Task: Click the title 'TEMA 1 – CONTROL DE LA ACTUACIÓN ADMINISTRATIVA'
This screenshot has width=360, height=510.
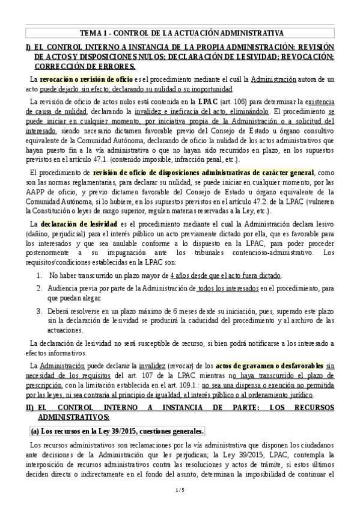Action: click(180, 32)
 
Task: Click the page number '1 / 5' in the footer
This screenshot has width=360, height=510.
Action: click(180, 491)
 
